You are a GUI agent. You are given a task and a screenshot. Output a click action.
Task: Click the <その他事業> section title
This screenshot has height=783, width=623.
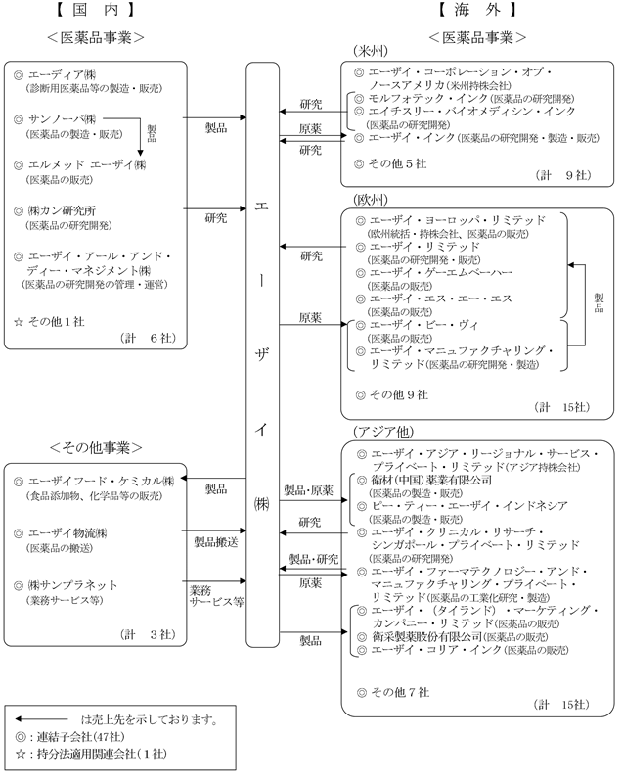95,447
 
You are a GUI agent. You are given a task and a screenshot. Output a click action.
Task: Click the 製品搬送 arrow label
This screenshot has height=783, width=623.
214,540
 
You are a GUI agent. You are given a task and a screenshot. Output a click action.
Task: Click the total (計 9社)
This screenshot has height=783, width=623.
560,174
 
